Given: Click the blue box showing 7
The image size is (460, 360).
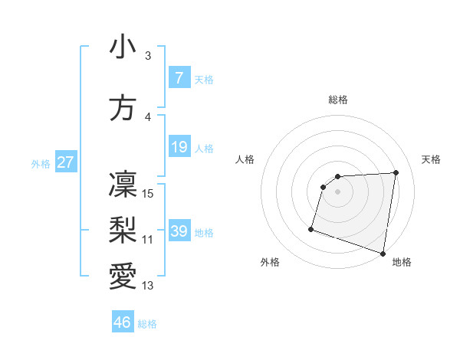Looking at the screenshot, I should point(179,77).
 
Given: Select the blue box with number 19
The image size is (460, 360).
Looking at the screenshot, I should point(179,146).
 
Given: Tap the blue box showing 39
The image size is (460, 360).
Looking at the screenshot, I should point(179,231).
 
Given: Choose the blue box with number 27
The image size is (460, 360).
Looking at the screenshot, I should point(65,162).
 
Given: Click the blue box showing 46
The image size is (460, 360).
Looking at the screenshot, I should point(123,322).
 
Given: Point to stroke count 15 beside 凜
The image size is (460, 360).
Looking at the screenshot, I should point(149,193).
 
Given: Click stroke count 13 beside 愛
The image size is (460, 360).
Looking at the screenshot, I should point(148,286).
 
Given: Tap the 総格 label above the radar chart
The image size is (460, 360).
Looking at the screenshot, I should point(337,100).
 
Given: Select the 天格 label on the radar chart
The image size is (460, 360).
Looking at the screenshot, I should point(431,159).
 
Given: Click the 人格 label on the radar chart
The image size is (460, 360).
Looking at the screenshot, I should point(245,159).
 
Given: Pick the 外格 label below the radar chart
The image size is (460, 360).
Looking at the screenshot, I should point(270,262).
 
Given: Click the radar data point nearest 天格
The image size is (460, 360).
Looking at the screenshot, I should point(396,172).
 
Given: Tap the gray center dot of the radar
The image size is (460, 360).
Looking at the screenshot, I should point(337,191).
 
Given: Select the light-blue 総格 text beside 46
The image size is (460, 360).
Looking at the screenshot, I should point(148,324).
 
